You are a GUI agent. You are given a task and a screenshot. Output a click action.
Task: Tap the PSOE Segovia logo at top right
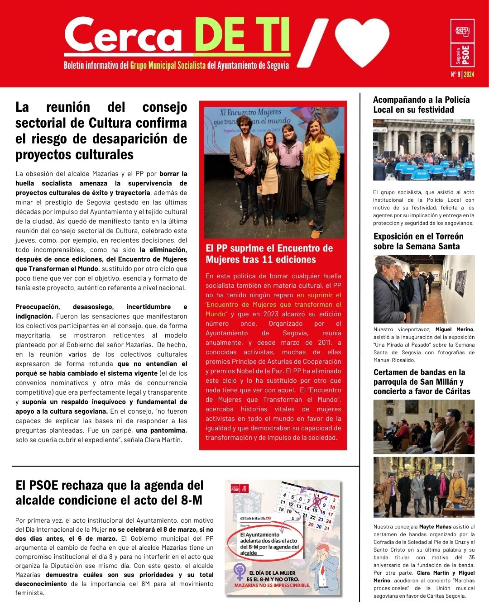click(x=463, y=43)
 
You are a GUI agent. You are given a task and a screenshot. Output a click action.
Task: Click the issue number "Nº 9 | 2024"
click(x=462, y=75)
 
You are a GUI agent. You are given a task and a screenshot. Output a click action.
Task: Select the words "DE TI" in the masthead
click(x=242, y=35)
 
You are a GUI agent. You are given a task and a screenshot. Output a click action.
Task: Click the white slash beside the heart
click(x=312, y=43)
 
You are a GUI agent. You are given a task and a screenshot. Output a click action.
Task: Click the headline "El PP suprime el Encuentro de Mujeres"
click(x=269, y=254)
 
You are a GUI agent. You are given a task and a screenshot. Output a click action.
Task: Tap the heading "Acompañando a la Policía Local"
click(x=421, y=105)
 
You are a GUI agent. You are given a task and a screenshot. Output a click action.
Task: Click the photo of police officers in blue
click(x=423, y=150)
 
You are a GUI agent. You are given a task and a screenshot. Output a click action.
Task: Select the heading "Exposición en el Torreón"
click(x=418, y=241)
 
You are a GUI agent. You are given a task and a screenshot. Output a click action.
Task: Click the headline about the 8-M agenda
click(x=110, y=492)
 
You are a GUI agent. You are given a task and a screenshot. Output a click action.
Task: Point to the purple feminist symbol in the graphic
click(x=240, y=572)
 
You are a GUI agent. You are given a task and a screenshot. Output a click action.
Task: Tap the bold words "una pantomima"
click(x=160, y=430)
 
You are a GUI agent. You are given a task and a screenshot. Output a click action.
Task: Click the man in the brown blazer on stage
click(x=245, y=167)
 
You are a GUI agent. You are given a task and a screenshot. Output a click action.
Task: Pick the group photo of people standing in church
click(x=424, y=487)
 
